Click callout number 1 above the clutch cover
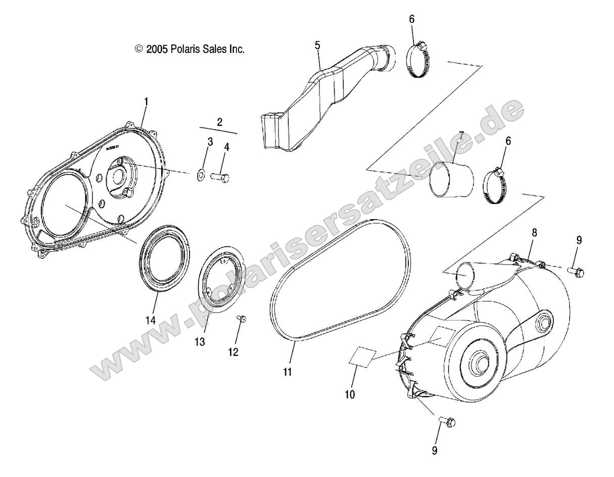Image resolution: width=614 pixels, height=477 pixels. click(x=146, y=101)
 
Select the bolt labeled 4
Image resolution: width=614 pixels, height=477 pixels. click(x=220, y=177)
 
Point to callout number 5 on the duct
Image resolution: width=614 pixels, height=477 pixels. click(x=317, y=45)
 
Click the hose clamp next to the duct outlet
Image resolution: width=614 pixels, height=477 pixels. click(x=418, y=62)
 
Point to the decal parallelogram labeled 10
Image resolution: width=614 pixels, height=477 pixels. click(x=362, y=355)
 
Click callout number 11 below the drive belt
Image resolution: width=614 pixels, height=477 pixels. click(x=288, y=373)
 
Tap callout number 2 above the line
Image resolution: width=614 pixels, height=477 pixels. click(x=219, y=122)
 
